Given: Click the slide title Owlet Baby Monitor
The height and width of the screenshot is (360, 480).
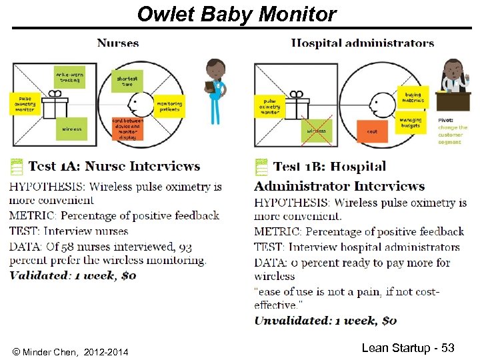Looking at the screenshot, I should pyautogui.click(x=237, y=13).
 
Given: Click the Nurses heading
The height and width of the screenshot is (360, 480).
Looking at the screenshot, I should pyautogui.click(x=118, y=43).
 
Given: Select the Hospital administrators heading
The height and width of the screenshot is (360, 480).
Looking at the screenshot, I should pyautogui.click(x=362, y=43).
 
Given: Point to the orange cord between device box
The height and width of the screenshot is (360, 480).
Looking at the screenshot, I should pyautogui.click(x=127, y=129).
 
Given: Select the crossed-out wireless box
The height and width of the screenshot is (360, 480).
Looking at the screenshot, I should pyautogui.click(x=316, y=131).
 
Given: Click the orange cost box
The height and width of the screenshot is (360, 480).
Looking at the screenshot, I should pyautogui.click(x=372, y=131).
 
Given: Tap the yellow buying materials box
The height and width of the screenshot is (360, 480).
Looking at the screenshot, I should pyautogui.click(x=413, y=97).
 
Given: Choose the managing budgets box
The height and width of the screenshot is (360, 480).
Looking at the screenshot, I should pyautogui.click(x=411, y=123).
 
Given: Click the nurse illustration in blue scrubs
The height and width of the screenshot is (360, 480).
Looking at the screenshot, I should pyautogui.click(x=215, y=91).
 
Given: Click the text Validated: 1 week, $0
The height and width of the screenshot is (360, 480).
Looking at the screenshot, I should pyautogui.click(x=73, y=275).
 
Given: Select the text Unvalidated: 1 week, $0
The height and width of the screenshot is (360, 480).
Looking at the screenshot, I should pyautogui.click(x=325, y=321).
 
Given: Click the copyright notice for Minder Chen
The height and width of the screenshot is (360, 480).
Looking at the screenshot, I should pyautogui.click(x=71, y=351).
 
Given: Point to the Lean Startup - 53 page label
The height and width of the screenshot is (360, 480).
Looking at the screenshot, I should pyautogui.click(x=407, y=348).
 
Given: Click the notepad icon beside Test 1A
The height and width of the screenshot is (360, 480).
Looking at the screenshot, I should pyautogui.click(x=15, y=167).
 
